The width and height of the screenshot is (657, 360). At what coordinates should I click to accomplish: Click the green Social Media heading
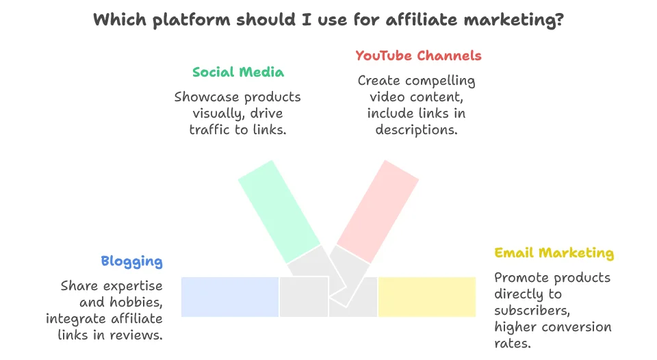click(x=238, y=72)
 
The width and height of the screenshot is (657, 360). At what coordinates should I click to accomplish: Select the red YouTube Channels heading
click(x=419, y=55)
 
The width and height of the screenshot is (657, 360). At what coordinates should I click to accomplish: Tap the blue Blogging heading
click(x=131, y=261)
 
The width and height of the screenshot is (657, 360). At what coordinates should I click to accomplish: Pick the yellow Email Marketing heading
click(x=554, y=253)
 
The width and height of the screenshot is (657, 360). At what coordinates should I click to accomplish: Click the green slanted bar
click(x=279, y=211)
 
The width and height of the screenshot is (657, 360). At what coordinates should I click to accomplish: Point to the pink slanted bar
click(x=378, y=211)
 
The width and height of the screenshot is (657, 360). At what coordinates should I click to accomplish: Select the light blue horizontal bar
click(x=230, y=297)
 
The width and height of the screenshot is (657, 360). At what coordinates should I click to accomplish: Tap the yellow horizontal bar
click(x=426, y=297)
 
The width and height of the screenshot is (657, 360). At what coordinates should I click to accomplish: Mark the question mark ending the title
click(x=559, y=20)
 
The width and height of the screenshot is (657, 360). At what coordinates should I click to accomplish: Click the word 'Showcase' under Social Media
click(x=207, y=97)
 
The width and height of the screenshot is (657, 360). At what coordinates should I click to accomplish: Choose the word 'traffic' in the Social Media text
click(x=209, y=129)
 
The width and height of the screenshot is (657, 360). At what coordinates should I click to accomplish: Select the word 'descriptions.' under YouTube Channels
click(x=417, y=130)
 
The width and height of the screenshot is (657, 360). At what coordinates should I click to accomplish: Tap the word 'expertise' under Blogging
click(x=133, y=286)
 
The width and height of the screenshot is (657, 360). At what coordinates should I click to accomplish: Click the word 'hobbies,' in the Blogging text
click(x=136, y=302)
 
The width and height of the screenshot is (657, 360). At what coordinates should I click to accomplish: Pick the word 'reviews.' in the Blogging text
click(x=136, y=335)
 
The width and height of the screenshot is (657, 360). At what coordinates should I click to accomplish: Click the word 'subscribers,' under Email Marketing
click(x=532, y=311)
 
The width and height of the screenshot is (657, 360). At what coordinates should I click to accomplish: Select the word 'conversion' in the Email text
click(x=576, y=327)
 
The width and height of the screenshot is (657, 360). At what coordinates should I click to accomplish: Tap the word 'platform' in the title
click(x=191, y=20)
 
